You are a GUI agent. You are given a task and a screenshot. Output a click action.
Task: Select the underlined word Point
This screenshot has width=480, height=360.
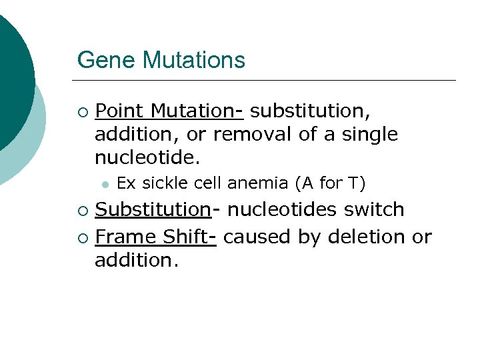(121, 109)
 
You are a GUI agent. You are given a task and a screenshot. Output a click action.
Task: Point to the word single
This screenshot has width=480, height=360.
(370, 134)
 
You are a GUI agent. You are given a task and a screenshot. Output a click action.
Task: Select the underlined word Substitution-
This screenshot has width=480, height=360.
(154, 209)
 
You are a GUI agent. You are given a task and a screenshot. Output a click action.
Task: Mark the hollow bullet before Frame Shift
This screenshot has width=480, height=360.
(82, 237)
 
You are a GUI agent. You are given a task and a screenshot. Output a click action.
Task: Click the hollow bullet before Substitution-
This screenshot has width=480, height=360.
(82, 211)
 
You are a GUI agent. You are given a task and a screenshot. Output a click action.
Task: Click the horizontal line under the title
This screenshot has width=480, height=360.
(267, 81)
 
